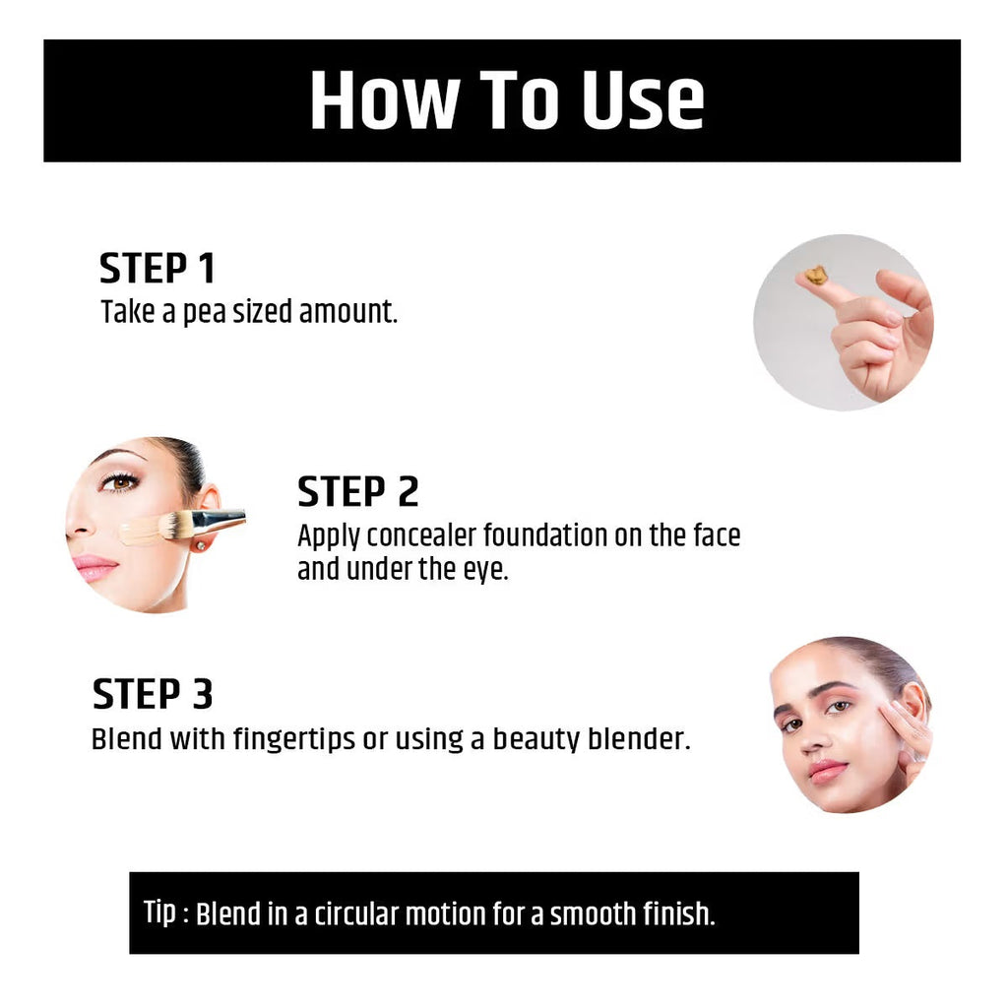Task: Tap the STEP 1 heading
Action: (x=157, y=268)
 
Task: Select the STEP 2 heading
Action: (x=358, y=492)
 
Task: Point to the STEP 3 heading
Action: (x=153, y=694)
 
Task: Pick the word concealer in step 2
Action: (x=421, y=535)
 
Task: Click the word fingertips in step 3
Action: (x=293, y=738)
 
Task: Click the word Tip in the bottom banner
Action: (x=159, y=912)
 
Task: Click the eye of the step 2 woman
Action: (x=120, y=481)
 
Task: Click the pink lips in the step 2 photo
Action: (x=95, y=568)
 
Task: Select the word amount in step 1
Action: (x=347, y=312)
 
